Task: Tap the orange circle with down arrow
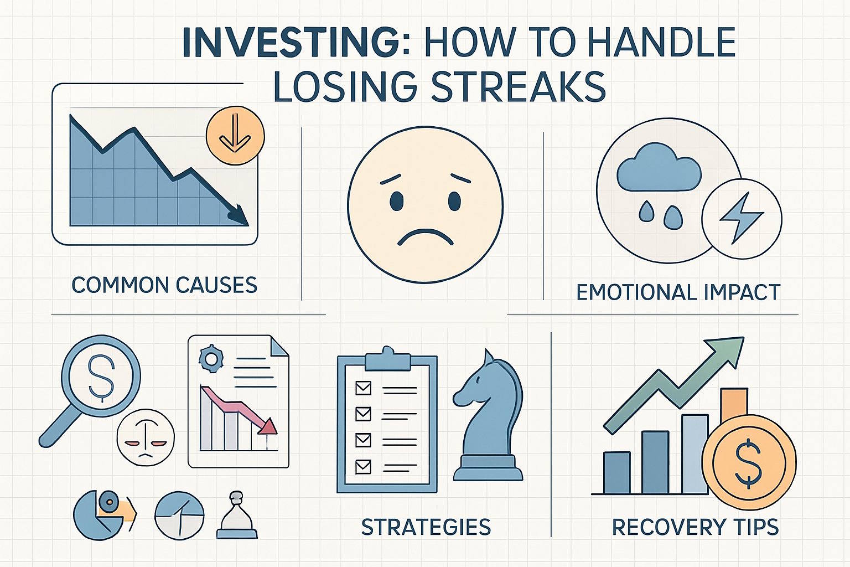(x=235, y=135)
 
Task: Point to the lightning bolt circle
(x=742, y=218)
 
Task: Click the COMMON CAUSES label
(x=164, y=285)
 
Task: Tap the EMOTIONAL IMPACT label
(x=678, y=292)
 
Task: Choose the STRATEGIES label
(x=426, y=527)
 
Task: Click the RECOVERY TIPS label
(x=695, y=527)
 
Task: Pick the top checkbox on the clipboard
(x=363, y=388)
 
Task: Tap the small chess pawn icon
(x=237, y=516)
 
